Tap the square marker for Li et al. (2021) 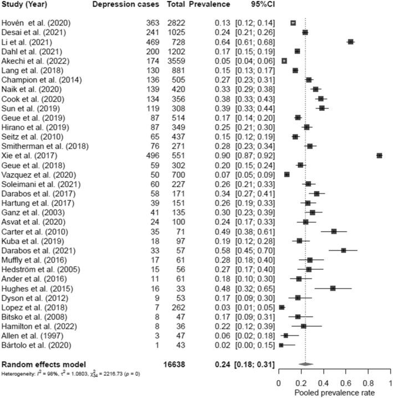[350, 42]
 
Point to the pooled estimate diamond [305, 364]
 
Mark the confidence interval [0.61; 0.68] [256, 42]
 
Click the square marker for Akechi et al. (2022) [284, 60]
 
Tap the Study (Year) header [24, 4]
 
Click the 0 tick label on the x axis [279, 382]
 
